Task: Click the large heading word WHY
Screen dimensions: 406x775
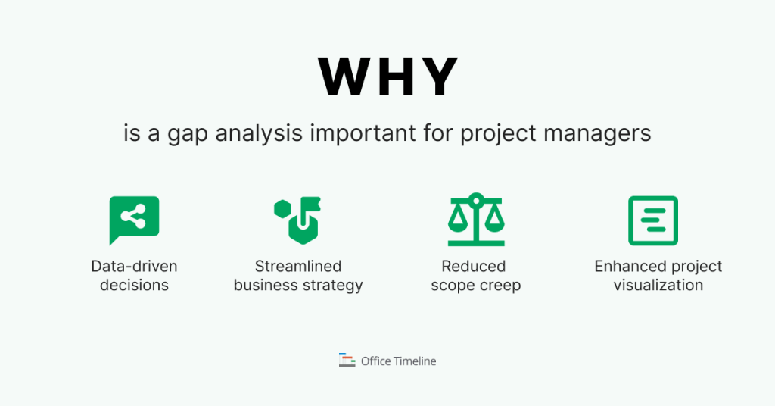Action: click(x=387, y=76)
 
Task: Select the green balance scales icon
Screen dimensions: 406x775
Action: click(x=475, y=220)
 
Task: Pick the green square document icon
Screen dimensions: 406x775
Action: click(x=653, y=220)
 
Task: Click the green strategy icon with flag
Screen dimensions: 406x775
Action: click(x=297, y=220)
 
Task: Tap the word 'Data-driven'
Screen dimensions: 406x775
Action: click(x=134, y=267)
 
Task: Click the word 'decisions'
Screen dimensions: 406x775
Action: click(x=134, y=286)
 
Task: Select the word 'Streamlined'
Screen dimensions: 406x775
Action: click(x=298, y=267)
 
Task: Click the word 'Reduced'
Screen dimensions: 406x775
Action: click(x=474, y=267)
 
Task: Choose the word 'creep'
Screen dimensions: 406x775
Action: click(x=499, y=286)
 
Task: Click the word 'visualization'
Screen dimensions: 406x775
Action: click(x=658, y=286)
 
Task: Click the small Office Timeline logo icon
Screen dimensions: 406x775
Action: click(x=347, y=361)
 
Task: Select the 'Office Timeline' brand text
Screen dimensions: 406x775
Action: click(x=398, y=361)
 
